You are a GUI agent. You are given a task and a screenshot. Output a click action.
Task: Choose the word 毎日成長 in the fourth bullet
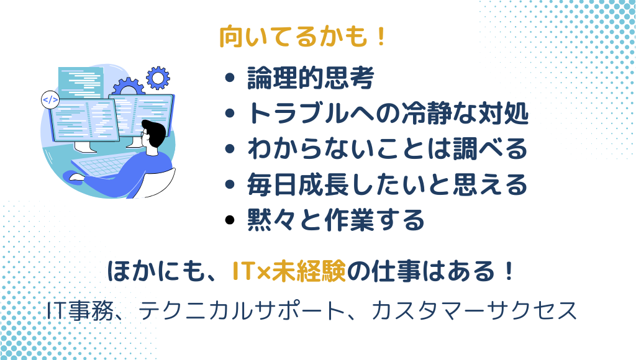click(x=296, y=184)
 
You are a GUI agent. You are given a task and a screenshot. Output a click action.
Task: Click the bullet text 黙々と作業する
click(x=335, y=219)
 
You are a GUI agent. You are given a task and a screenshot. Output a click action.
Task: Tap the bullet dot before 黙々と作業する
click(x=231, y=220)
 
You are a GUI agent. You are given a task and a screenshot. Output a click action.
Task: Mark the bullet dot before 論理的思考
click(x=231, y=79)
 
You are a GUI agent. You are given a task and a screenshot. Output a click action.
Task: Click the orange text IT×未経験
click(x=288, y=271)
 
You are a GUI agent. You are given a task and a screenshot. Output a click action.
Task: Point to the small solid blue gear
click(x=157, y=77)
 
